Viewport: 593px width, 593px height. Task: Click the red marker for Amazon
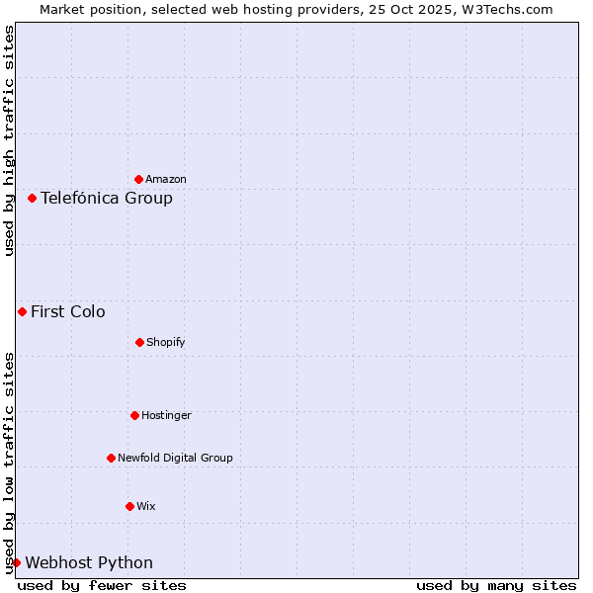(138, 179)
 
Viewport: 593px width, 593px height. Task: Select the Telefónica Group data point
(32, 198)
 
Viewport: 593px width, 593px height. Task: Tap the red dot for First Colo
(22, 311)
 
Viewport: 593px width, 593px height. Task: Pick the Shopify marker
(139, 342)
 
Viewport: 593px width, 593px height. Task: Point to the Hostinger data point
(134, 415)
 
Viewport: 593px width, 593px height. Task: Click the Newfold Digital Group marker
(111, 458)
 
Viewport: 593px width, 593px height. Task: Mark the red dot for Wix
(129, 506)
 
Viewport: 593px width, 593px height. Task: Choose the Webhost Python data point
(16, 562)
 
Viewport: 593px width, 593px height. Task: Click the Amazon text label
(166, 179)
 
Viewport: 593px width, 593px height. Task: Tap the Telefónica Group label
(107, 198)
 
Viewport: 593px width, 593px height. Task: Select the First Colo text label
(68, 311)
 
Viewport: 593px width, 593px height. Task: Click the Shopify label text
(166, 342)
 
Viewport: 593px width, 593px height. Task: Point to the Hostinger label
(166, 415)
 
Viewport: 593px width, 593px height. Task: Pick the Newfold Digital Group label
(175, 458)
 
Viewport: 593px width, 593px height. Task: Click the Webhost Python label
(89, 562)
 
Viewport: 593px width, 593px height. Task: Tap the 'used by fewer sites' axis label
(102, 585)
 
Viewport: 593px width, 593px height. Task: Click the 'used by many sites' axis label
(496, 585)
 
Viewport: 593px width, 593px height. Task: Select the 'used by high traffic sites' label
(9, 140)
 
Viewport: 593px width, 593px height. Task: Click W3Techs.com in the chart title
(504, 9)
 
